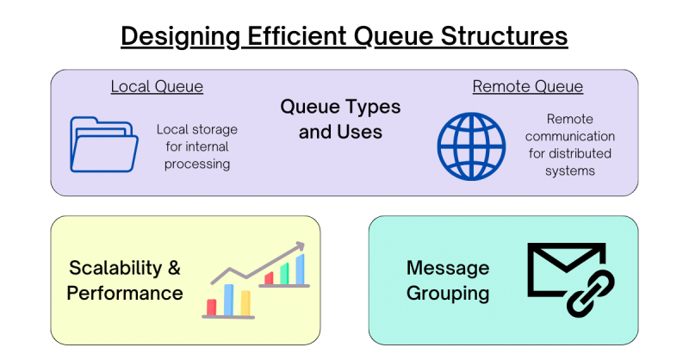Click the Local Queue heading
point(157,87)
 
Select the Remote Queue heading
point(527,87)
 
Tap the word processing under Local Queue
point(196,164)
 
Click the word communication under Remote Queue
point(569,136)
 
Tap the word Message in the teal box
point(448,267)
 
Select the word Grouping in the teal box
point(448,293)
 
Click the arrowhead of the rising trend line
point(301,246)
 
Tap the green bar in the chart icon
point(284,273)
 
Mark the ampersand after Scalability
point(174,267)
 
